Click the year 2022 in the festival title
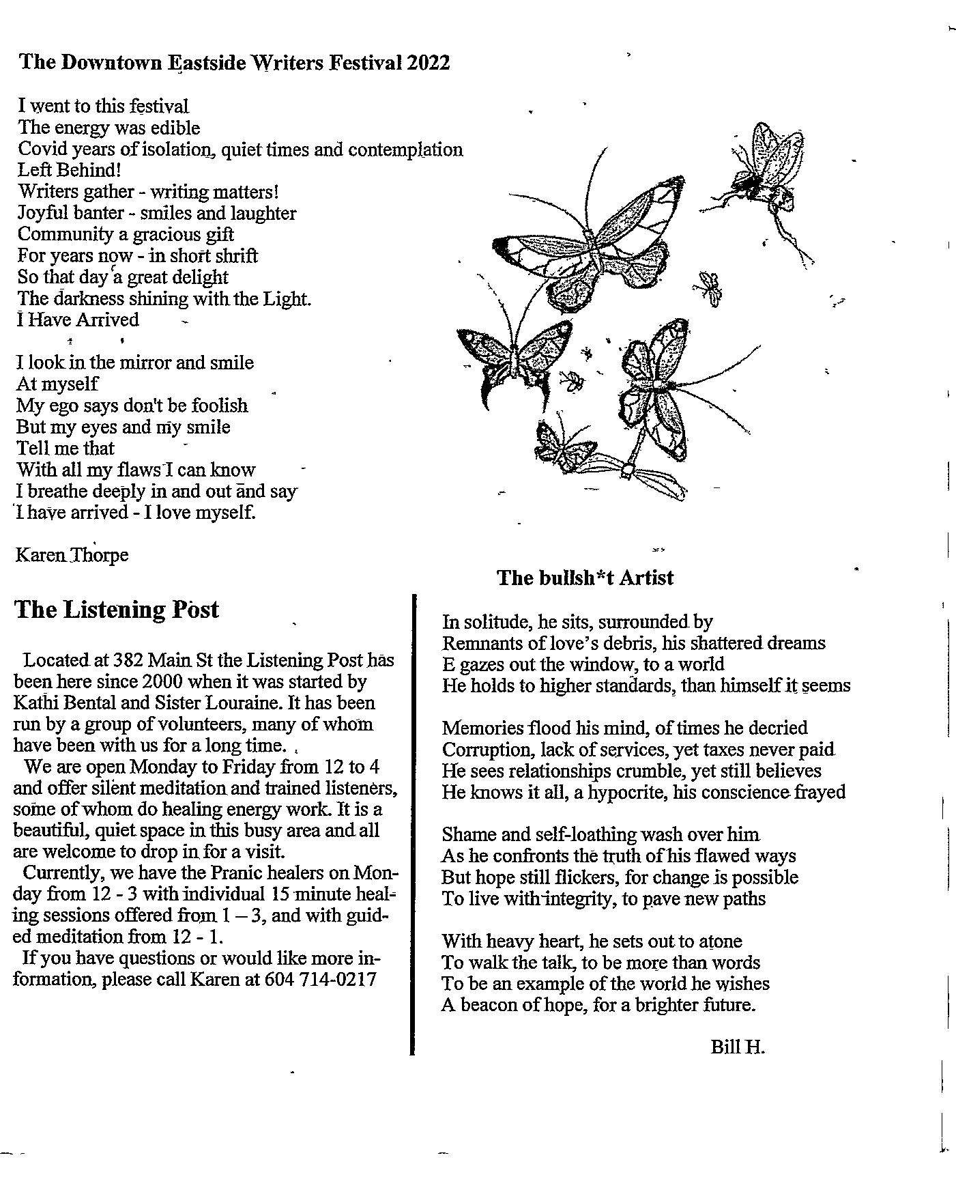tap(428, 63)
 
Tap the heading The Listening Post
tap(116, 610)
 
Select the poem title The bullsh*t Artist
tap(585, 578)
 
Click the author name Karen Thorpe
tap(72, 555)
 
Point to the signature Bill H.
tap(738, 1047)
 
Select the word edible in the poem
tap(175, 128)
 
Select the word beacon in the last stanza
tap(489, 1005)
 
